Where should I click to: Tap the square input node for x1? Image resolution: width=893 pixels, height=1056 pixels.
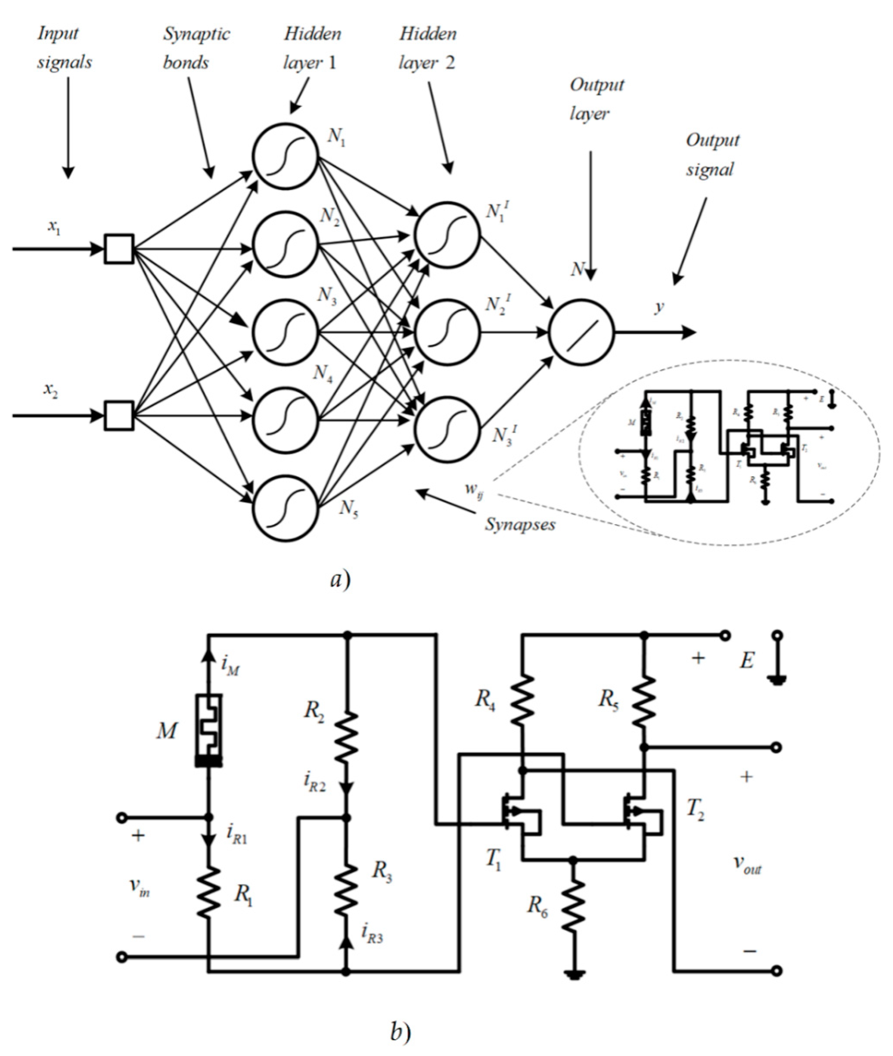pyautogui.click(x=119, y=249)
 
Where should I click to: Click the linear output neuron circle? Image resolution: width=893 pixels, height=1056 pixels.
pyautogui.click(x=581, y=332)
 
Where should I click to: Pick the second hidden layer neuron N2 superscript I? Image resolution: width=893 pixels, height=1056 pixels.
pyautogui.click(x=447, y=332)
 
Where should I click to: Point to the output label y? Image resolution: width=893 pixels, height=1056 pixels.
pyautogui.click(x=659, y=307)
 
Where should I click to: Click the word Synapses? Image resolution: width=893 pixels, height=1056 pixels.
pyautogui.click(x=520, y=524)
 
